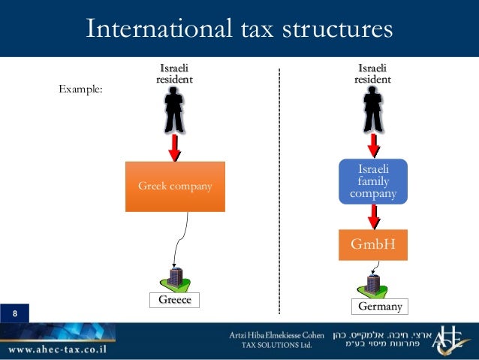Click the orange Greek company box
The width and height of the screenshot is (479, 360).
tap(174, 186)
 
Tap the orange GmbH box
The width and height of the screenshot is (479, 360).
tap(373, 244)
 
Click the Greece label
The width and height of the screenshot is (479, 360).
tap(174, 300)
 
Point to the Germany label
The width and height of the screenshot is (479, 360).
tap(379, 307)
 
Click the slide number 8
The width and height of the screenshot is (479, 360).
tap(14, 313)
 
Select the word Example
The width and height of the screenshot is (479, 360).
tap(80, 89)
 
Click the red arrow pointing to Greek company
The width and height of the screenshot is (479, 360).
tap(174, 147)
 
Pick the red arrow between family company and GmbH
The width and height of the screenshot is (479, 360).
tap(373, 216)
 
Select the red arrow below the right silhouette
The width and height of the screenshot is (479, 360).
tap(373, 144)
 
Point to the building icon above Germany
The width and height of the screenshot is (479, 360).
tap(372, 284)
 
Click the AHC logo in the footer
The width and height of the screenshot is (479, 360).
tap(450, 340)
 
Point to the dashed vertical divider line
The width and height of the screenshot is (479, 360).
tap(279, 188)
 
